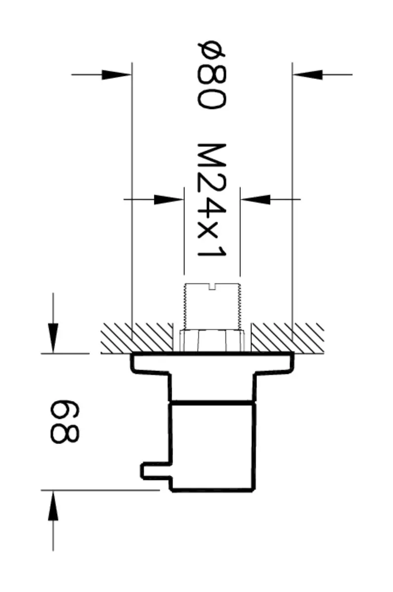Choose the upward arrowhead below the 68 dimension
pos(53,506)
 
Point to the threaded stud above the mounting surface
pos(212,306)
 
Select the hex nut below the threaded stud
pos(212,340)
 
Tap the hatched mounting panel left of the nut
pos(136,338)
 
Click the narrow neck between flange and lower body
pos(212,387)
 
